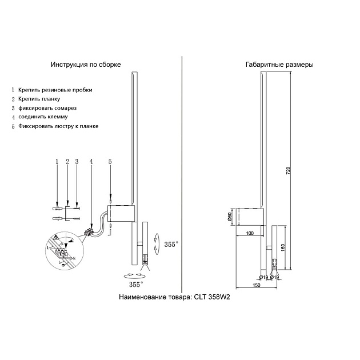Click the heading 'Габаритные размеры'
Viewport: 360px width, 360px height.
279,65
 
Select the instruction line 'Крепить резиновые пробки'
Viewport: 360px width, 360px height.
55,90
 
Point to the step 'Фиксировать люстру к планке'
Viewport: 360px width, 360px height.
58,126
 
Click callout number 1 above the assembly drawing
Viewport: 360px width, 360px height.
57,162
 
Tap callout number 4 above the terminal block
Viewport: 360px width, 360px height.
91,162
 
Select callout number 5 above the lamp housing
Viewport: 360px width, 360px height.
110,162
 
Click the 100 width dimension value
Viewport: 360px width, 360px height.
249,234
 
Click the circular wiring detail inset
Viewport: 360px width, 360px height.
62,249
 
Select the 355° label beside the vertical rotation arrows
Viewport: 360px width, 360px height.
171,243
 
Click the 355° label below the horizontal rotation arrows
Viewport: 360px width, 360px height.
135,284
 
